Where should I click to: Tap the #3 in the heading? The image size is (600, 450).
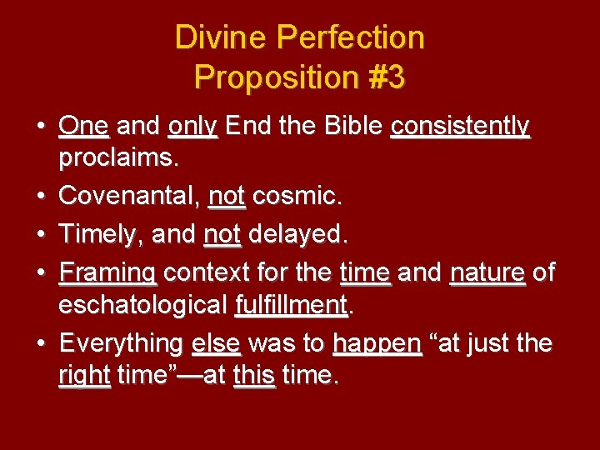click(x=384, y=77)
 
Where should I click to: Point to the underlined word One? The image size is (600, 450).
click(x=84, y=126)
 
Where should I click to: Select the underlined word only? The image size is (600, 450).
click(x=192, y=126)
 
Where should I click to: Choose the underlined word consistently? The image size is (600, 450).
click(x=460, y=126)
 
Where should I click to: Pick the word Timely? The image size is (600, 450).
click(x=100, y=235)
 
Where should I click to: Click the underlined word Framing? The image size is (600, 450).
click(x=108, y=272)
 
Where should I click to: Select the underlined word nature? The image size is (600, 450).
click(x=487, y=272)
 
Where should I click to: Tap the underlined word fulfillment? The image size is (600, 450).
click(x=292, y=304)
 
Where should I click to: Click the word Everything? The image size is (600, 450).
click(x=122, y=343)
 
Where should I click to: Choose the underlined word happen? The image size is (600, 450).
click(x=377, y=343)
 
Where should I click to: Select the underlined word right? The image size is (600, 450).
click(x=84, y=375)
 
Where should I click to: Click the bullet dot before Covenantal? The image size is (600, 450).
click(x=42, y=197)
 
